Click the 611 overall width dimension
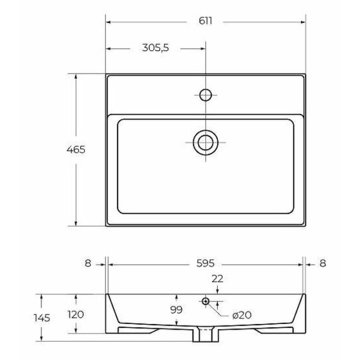point(205,21)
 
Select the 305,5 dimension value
point(155,48)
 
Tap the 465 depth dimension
point(76,150)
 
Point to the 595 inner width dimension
point(205,263)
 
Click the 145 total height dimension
point(42,318)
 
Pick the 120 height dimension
point(76,314)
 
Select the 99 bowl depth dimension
point(176,310)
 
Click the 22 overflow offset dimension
point(217,279)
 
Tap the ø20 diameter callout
point(242,315)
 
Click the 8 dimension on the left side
point(88,263)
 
